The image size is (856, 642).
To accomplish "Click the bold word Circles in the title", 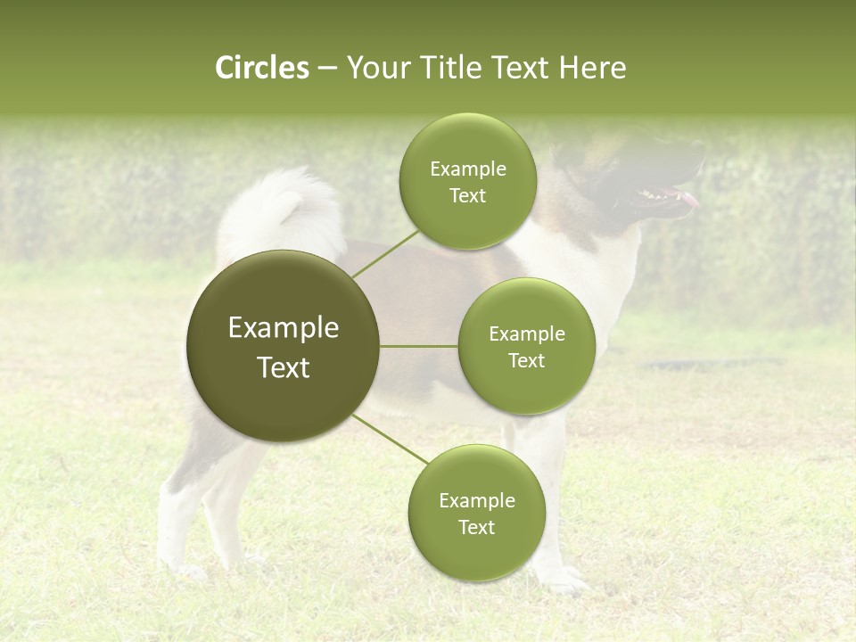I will point(261,68).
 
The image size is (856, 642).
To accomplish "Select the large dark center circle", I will point(283,346).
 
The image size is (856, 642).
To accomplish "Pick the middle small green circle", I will point(526,346).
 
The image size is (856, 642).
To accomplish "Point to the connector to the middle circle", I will point(418,346).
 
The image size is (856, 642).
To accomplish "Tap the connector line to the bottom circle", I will point(390,440).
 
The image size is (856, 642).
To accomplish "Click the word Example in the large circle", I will point(283,328).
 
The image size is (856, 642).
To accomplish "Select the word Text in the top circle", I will point(467,196).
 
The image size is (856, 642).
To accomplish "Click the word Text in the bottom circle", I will point(476,528).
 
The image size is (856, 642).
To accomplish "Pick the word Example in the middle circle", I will point(526,334).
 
